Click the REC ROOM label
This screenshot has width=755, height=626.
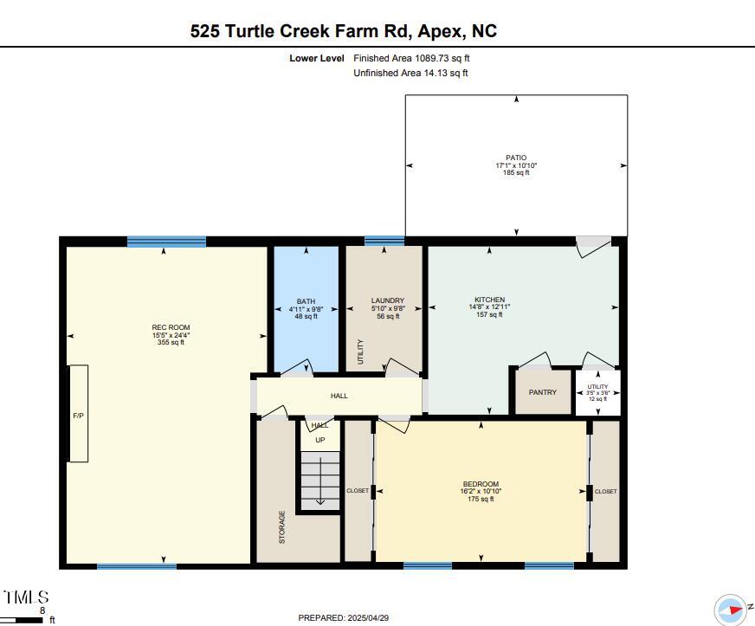[165, 327]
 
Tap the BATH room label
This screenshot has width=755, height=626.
[306, 301]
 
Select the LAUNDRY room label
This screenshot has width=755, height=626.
[388, 301]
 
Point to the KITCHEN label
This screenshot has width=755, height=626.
[489, 300]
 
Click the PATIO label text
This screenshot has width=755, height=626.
[516, 158]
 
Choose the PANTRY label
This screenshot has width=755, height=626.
[543, 392]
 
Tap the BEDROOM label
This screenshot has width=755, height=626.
[481, 484]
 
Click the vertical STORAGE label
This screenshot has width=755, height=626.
[281, 526]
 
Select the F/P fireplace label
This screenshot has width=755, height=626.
[78, 416]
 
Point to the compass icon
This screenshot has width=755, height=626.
[730, 609]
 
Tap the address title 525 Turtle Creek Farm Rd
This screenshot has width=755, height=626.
[344, 31]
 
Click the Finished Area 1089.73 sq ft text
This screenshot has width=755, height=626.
[411, 58]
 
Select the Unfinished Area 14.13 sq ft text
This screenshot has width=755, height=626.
[410, 73]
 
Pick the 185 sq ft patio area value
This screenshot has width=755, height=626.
[516, 172]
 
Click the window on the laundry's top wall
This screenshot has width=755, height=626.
[384, 242]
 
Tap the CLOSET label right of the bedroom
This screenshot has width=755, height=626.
[606, 491]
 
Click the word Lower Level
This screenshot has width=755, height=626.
[317, 58]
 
